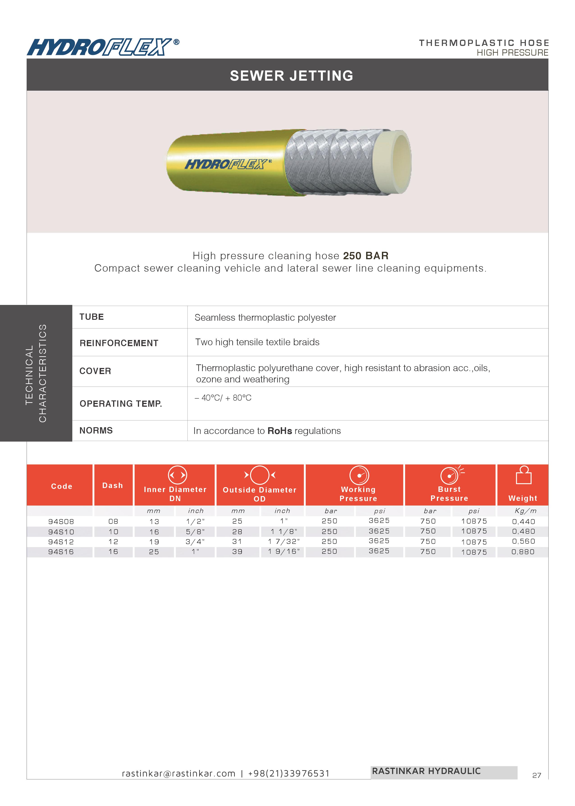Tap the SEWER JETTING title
[x=291, y=76]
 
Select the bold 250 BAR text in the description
[x=366, y=256]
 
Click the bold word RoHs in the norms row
[x=280, y=431]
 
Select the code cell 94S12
[x=61, y=542]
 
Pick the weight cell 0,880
[x=523, y=552]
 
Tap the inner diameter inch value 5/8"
[x=195, y=532]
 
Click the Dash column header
[x=113, y=486]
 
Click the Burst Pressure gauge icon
[x=450, y=475]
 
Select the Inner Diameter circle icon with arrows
[x=177, y=475]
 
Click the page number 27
[x=536, y=776]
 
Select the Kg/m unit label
[x=525, y=511]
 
